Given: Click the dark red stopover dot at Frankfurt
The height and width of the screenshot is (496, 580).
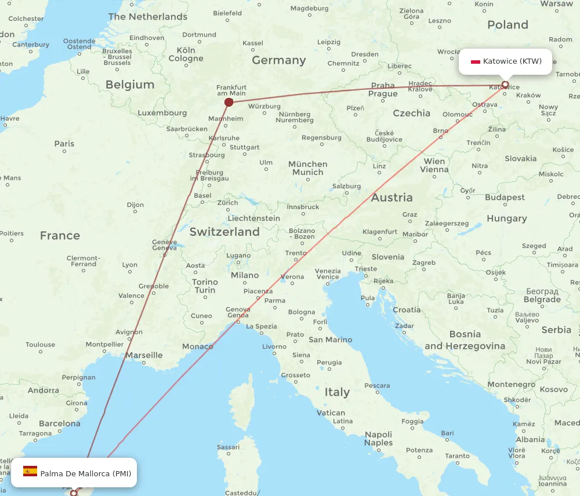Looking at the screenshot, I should pyautogui.click(x=229, y=103).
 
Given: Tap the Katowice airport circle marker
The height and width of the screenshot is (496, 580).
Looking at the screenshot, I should pyautogui.click(x=505, y=85).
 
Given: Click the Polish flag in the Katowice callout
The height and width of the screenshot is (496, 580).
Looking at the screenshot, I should pyautogui.click(x=476, y=61).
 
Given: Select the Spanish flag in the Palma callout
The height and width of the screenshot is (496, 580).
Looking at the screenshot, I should pyautogui.click(x=30, y=471).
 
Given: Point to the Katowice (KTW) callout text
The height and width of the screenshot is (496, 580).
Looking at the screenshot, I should pyautogui.click(x=512, y=61).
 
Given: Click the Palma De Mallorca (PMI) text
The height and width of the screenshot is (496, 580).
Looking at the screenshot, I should pyautogui.click(x=85, y=473).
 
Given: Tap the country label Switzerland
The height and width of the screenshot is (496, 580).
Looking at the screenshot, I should pyautogui.click(x=224, y=232).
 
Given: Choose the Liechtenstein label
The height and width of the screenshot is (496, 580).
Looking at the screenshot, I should pyautogui.click(x=254, y=218).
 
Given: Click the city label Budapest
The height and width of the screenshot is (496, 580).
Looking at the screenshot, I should pyautogui.click(x=505, y=198).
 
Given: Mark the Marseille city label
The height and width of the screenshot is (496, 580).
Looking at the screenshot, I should pyautogui.click(x=144, y=355).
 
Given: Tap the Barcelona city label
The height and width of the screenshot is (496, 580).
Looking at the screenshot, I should pyautogui.click(x=60, y=424).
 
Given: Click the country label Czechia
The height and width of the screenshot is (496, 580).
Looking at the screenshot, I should pyautogui.click(x=411, y=114).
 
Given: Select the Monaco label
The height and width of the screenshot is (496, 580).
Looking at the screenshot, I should pyautogui.click(x=198, y=347).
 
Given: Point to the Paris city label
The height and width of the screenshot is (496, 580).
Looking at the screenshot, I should pyautogui.click(x=64, y=144).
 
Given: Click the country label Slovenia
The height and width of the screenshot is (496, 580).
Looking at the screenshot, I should pyautogui.click(x=388, y=257).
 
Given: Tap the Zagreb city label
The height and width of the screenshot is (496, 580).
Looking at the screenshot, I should pyautogui.click(x=424, y=262).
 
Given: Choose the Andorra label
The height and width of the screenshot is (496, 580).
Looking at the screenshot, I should pyautogui.click(x=43, y=391).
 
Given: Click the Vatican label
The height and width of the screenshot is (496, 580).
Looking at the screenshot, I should pyautogui.click(x=331, y=413).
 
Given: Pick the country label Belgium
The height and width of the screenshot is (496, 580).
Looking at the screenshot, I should pyautogui.click(x=130, y=85).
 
